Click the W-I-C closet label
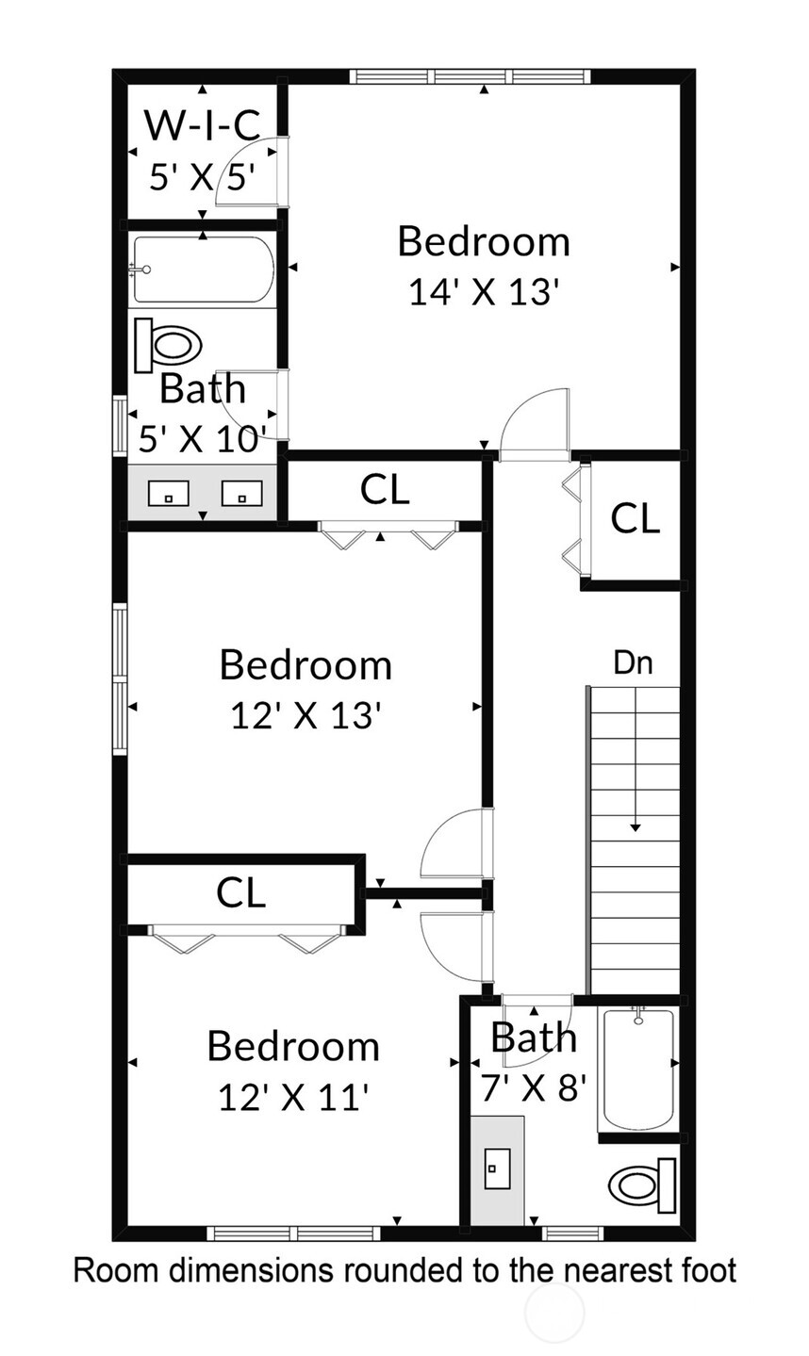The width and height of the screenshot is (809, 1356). coord(202,124)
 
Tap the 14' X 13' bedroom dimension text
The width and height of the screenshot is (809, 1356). coord(484,292)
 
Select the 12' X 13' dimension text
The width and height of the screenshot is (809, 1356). coord(305,716)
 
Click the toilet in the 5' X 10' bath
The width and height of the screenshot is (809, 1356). coord(169,344)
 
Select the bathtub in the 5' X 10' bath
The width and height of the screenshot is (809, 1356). coord(204,270)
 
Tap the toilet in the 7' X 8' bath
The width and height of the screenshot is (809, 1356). coord(643,1184)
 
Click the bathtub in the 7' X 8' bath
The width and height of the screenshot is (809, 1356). coord(638,1069)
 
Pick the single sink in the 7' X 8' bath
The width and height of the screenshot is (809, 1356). coord(497,1168)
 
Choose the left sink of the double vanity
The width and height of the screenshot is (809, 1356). coord(168,493)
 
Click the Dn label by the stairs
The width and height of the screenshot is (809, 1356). coord(633,663)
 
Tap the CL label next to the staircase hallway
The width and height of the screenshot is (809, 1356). coord(635,518)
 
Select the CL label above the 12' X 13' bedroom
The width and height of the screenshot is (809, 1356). coord(386,489)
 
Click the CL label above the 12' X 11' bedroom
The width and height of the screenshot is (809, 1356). coord(241,891)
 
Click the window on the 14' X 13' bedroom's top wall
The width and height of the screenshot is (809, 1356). coord(469,76)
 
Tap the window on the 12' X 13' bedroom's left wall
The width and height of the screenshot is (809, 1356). coord(120,678)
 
